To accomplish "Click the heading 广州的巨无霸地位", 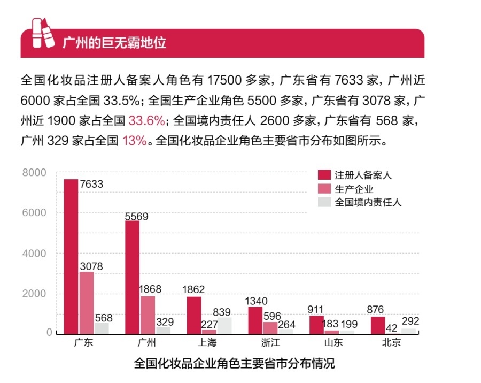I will pos(114,43).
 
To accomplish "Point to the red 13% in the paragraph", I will pos(134,141).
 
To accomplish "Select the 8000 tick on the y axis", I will pos(34,173).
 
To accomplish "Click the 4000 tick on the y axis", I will pos(34,253).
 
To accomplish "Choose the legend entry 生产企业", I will pos(354,189).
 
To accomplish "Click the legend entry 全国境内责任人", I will pos(368,202).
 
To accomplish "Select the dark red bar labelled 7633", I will pos(71,257).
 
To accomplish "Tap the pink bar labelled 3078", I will pos(86,303).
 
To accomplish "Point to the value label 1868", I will pos(150,289).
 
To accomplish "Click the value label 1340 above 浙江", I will pos(257,301).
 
